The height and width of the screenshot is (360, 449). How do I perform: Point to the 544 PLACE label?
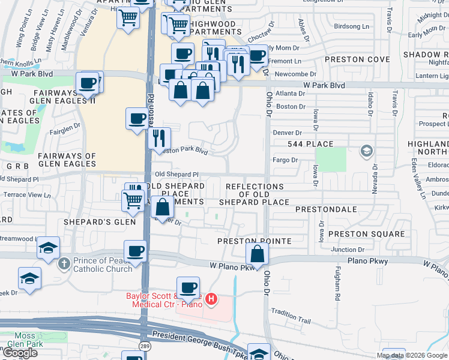(310, 144)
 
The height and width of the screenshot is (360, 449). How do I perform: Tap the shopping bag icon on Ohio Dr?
(257, 254)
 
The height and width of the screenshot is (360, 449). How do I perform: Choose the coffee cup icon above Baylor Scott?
(188, 287)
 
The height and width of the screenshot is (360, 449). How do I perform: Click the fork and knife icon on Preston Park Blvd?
(159, 138)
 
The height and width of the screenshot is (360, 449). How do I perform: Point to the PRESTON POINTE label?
(255, 241)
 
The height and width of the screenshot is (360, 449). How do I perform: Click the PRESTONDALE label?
(327, 210)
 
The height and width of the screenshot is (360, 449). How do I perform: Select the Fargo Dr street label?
(285, 160)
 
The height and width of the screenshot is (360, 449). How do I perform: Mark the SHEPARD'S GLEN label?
(92, 221)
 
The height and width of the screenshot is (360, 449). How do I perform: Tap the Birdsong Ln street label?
(351, 26)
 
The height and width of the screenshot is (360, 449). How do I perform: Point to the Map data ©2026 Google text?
(412, 355)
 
